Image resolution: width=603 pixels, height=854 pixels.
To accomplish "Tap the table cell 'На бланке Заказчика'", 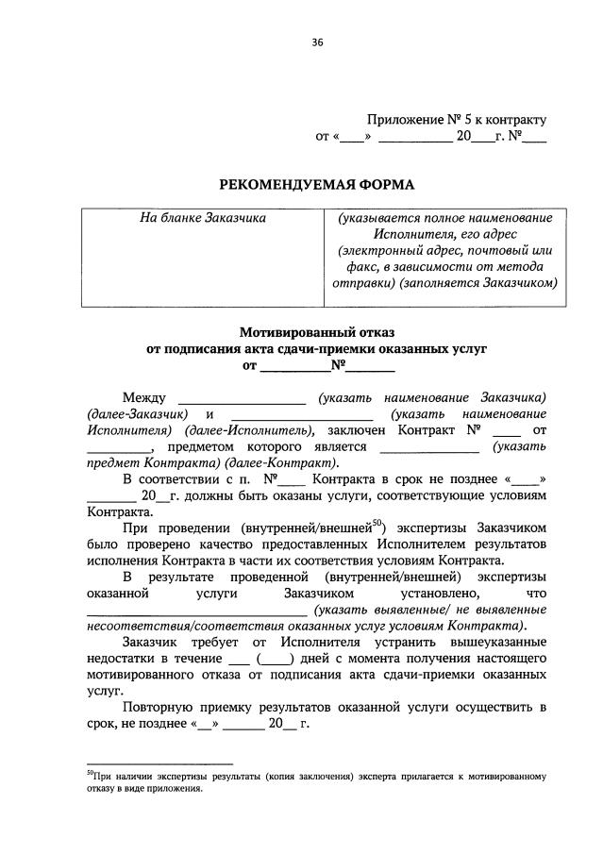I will (x=203, y=219).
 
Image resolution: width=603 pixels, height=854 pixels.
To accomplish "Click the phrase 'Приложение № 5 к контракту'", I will (x=457, y=120).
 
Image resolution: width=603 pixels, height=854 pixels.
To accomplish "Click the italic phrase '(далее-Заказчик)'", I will (x=136, y=414).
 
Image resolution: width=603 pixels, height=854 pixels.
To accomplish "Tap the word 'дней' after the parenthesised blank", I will (x=318, y=659).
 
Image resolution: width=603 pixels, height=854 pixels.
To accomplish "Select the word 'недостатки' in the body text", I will (x=120, y=659).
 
